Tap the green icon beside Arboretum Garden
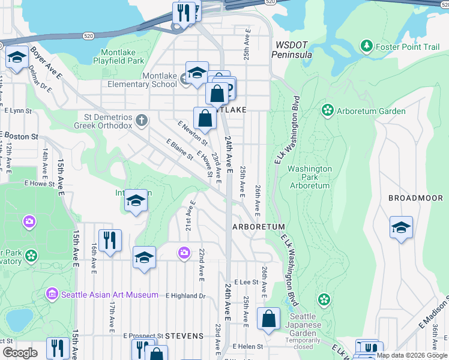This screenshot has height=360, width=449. click(x=327, y=110)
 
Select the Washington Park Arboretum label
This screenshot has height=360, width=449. click(x=310, y=177)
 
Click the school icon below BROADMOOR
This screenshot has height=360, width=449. click(x=401, y=228)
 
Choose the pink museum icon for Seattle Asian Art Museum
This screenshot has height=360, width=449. click(x=52, y=295)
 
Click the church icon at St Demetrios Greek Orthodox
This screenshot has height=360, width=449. click(x=141, y=121)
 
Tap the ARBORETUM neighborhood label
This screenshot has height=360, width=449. click(x=258, y=227)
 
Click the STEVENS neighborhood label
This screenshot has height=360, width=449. click(x=184, y=336)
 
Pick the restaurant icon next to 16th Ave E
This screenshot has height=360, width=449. click(x=110, y=240)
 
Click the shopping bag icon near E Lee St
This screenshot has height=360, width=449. click(x=269, y=318)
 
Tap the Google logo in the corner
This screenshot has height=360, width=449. click(x=20, y=353)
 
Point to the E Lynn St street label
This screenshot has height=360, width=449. click(x=17, y=110)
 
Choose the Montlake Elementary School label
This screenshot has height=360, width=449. click(x=160, y=80)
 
